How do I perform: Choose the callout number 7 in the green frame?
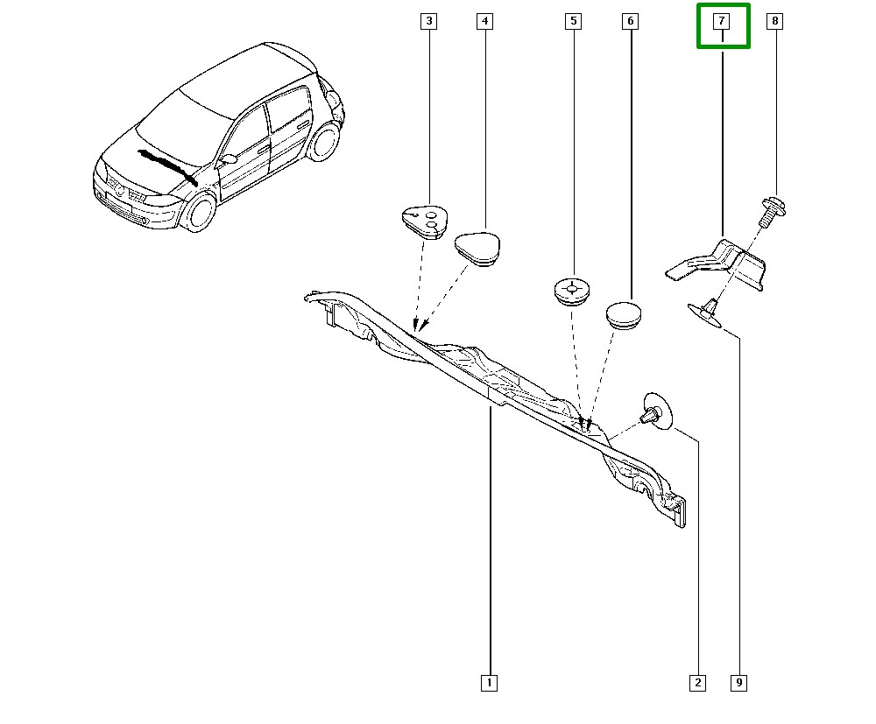tap(723, 23)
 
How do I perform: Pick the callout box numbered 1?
tap(490, 682)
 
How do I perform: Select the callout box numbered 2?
tap(698, 682)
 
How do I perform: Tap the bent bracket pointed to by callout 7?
tap(718, 264)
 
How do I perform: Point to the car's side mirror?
tap(228, 160)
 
